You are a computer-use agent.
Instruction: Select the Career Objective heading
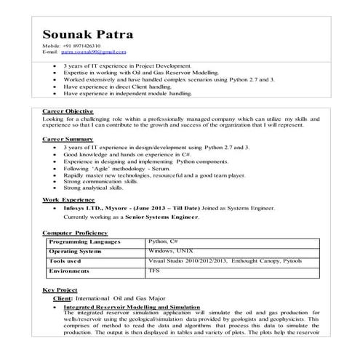(x=66, y=111)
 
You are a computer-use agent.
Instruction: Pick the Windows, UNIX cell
(x=169, y=250)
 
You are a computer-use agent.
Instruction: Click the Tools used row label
(x=65, y=260)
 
